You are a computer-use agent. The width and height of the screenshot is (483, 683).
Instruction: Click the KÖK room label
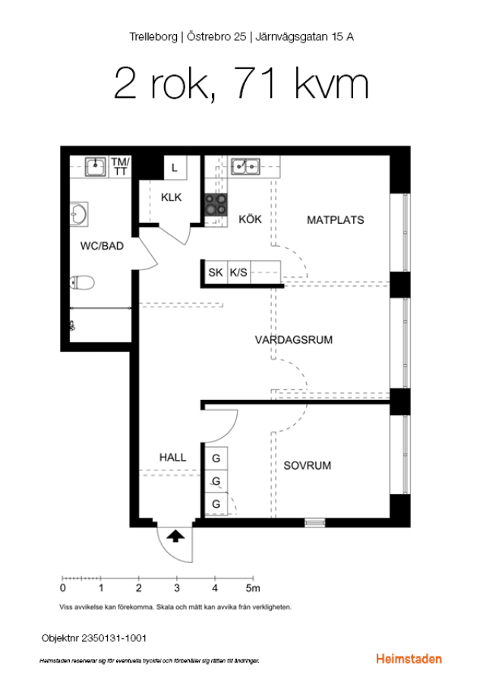coord(250,219)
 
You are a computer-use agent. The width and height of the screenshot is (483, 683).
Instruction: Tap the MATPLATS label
coord(335,220)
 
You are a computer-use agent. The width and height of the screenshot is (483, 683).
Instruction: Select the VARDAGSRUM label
coord(294,340)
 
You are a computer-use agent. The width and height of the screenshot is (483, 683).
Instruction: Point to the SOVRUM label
coord(308,466)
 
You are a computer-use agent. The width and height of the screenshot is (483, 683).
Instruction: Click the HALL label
coord(172,458)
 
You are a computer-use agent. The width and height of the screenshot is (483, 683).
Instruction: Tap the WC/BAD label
coord(102,246)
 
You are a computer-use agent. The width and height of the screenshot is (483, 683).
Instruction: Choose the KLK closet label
coord(172,197)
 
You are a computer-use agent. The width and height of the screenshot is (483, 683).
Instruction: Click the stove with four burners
coord(216,205)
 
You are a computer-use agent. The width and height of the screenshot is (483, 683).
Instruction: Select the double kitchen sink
coord(245,166)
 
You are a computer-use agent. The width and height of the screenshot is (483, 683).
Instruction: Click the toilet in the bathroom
coord(82,283)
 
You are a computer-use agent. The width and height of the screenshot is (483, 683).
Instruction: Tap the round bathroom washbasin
coord(79,214)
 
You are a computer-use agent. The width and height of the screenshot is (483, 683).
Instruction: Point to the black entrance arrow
coord(175,536)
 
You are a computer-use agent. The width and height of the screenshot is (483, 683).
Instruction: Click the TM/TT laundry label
coord(120,166)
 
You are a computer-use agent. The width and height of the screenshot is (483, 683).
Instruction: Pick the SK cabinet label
coord(216,272)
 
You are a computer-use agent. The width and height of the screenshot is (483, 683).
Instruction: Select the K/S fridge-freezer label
coord(238,272)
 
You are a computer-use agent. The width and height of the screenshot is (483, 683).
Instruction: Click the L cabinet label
coord(175,168)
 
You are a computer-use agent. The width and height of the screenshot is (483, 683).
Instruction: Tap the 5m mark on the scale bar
coord(253,588)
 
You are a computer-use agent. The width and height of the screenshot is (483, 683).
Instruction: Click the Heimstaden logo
coord(409,659)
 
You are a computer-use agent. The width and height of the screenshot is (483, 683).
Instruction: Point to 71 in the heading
coord(256,83)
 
